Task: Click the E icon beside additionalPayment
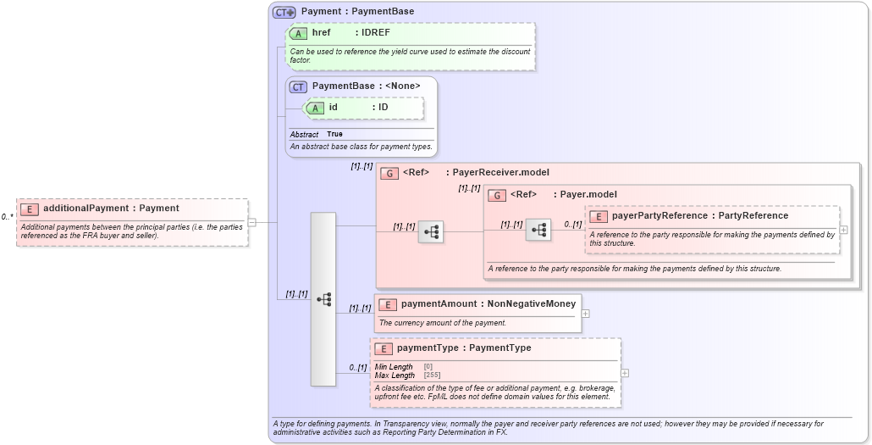point(30,209)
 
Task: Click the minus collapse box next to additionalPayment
point(251,222)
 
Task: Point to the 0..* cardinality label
point(7,217)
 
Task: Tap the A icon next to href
point(298,33)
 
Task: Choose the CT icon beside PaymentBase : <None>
point(298,86)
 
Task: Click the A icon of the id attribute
point(315,108)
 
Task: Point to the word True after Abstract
point(335,135)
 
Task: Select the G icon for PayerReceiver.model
point(389,173)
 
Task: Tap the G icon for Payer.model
point(498,195)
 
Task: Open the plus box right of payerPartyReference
point(843,230)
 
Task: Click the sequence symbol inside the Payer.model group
point(538,230)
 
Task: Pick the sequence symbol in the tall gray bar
point(323,299)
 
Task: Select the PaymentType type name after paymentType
point(499,348)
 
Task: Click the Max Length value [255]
point(432,375)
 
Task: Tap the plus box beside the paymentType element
point(625,373)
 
